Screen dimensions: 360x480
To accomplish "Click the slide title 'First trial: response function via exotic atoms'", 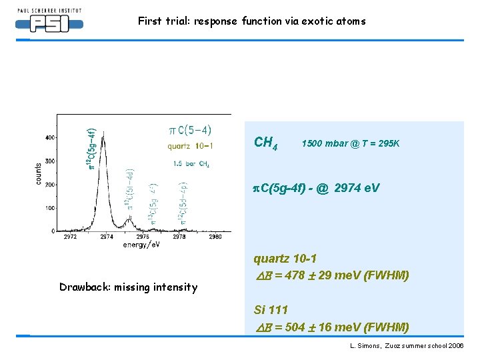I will (251, 21).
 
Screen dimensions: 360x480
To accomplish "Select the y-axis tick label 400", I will (50, 137).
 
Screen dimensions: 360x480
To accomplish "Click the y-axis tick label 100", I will (50, 208).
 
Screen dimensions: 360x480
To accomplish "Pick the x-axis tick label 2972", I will (70, 237).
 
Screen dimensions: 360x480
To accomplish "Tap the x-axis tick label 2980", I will (215, 237).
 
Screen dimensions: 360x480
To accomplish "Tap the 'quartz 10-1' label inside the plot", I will (190, 147).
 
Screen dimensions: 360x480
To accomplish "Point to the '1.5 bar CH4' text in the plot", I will (191, 163).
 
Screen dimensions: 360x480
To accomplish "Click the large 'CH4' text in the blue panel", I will (266, 143).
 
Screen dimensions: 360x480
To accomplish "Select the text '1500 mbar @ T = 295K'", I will (351, 143).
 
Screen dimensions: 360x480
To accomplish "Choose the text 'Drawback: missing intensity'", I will (128, 287).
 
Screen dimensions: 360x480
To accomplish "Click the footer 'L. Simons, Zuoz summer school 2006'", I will (406, 347).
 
